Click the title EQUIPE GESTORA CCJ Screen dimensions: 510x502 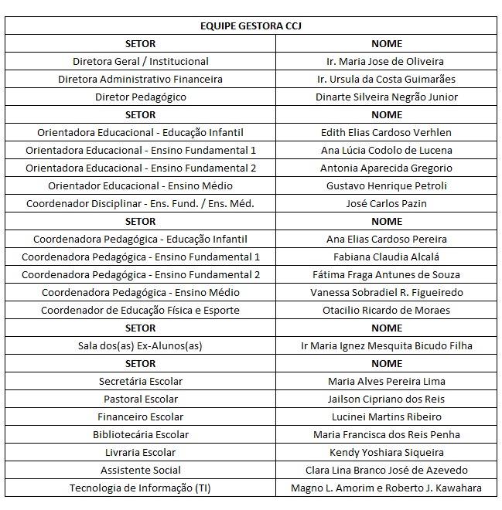(251, 26)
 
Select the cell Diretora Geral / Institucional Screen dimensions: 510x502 (141, 62)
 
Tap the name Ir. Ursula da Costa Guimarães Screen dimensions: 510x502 (387, 80)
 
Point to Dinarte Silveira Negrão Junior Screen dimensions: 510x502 (387, 97)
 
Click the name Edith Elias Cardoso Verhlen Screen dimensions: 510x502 (387, 133)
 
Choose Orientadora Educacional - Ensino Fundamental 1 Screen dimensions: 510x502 (141, 151)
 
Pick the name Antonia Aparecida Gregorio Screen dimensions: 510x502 (387, 168)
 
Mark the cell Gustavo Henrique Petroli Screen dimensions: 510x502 (387, 186)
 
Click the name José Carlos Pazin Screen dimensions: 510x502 (387, 204)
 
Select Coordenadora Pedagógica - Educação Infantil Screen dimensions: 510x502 (141, 240)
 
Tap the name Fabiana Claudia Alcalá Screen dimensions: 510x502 (387, 257)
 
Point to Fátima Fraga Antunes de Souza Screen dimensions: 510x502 (387, 275)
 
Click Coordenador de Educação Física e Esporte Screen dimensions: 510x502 (141, 311)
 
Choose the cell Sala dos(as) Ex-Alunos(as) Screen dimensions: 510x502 (141, 346)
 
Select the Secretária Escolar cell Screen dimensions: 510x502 (141, 382)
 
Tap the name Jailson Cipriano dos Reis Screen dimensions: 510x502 (387, 399)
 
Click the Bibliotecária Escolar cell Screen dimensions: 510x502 (141, 435)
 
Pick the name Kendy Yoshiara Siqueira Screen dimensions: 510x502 (387, 453)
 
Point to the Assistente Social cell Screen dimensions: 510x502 (141, 471)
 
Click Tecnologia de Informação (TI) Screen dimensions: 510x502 (141, 488)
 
